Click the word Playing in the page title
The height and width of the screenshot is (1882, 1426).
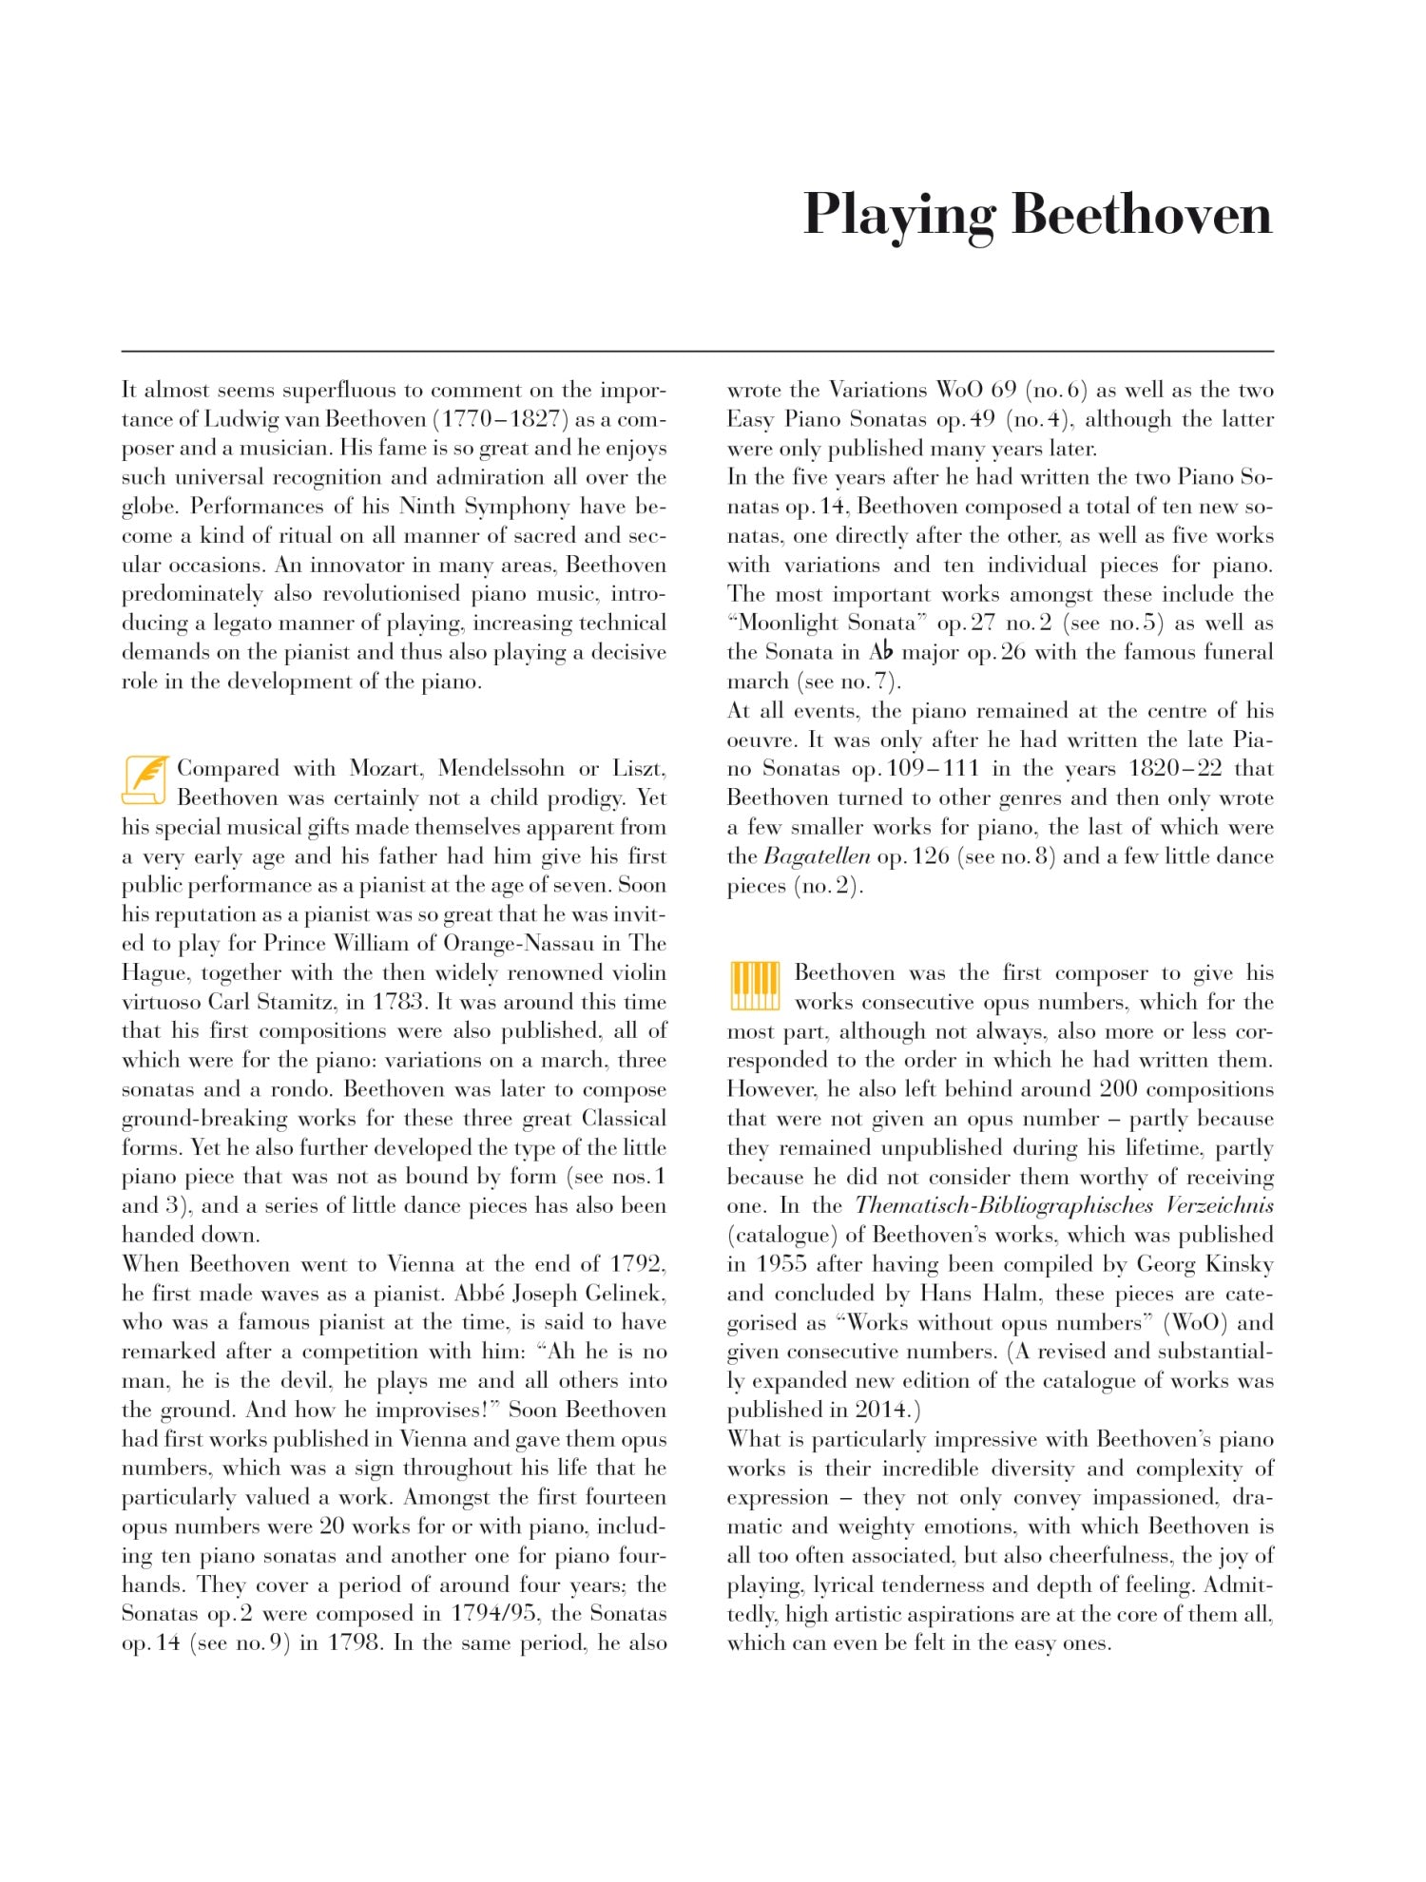coord(899,215)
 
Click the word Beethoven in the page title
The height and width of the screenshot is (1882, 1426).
coord(1141,215)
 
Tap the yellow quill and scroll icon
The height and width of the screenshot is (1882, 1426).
coord(145,779)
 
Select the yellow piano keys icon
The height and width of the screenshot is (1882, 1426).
coord(755,985)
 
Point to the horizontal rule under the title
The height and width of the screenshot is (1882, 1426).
coord(697,352)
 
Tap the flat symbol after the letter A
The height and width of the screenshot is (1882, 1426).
coord(886,652)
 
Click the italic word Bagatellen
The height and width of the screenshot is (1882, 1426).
coord(817,856)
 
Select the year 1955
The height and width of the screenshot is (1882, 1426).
coord(782,1264)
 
